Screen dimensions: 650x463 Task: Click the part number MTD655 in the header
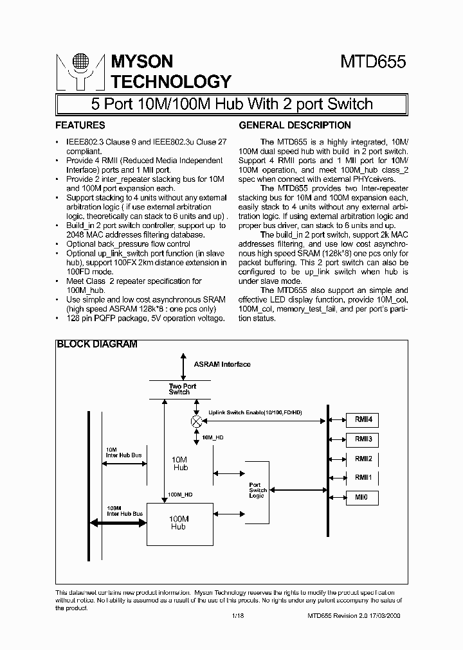click(372, 62)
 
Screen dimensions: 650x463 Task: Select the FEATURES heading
click(80, 125)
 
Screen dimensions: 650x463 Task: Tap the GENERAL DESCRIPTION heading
click(295, 125)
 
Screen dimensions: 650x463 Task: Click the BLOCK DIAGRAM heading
click(97, 344)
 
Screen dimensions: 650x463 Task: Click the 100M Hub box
click(177, 523)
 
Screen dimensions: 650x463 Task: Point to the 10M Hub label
click(181, 464)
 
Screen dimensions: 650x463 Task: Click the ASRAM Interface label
click(222, 364)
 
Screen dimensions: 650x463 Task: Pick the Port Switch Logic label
click(258, 490)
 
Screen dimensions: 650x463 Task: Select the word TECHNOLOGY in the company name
click(171, 82)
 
